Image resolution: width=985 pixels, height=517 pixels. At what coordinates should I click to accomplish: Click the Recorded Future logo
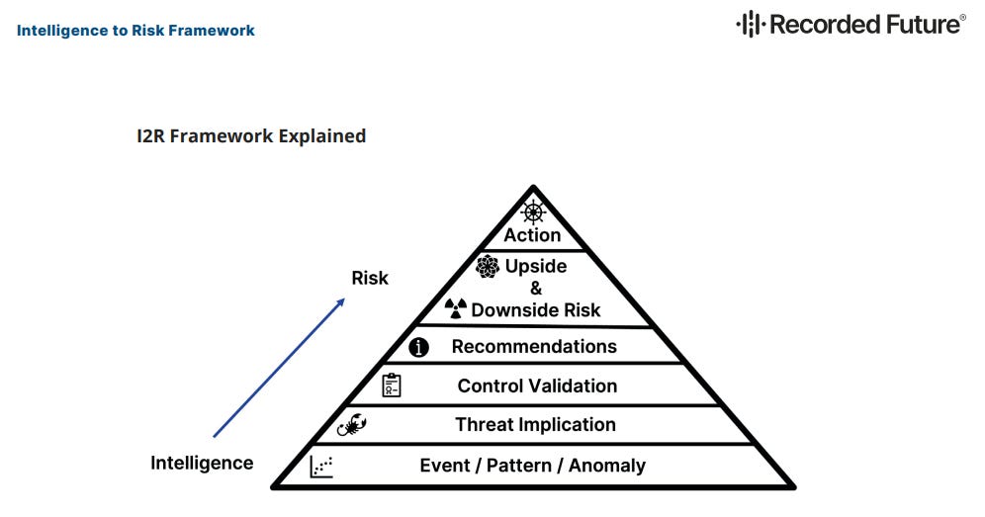click(851, 24)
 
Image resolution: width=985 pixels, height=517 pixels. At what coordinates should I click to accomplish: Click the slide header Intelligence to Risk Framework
click(135, 31)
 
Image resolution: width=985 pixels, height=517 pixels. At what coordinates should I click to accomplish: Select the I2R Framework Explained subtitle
click(251, 136)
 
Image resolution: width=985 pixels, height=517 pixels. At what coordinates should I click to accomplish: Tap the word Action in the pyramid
click(532, 235)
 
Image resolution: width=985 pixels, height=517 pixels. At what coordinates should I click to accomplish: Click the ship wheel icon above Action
click(533, 212)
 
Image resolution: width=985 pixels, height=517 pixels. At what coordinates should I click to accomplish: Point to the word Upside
click(535, 266)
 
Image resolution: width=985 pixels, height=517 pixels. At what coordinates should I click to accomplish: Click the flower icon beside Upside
click(487, 266)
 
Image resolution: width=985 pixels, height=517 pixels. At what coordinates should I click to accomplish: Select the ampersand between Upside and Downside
click(536, 288)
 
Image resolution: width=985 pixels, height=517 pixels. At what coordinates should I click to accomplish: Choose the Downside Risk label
click(536, 310)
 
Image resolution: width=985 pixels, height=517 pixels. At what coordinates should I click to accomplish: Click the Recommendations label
click(534, 347)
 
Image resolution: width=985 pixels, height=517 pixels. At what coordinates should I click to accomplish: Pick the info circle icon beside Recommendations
click(419, 347)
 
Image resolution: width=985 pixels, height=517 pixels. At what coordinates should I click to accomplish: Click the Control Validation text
click(537, 387)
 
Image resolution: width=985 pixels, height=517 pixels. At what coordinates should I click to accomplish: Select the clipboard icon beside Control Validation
click(392, 386)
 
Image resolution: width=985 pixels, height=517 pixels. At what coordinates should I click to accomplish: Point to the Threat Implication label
click(535, 425)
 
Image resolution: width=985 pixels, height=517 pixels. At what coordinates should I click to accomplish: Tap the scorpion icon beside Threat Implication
click(352, 426)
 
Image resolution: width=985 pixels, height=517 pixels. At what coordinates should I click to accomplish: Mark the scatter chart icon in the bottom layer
click(321, 466)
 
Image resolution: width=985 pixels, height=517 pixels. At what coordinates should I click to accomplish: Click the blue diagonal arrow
click(279, 367)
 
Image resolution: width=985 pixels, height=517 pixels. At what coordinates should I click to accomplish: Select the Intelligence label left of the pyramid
click(202, 463)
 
